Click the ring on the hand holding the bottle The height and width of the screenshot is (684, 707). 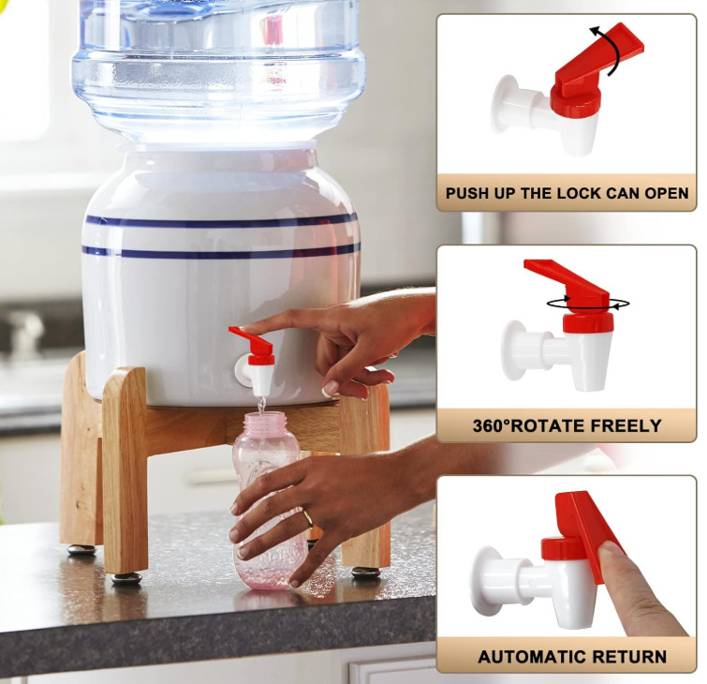click(307, 516)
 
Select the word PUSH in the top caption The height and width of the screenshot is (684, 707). click(468, 194)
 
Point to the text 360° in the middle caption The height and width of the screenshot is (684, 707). click(495, 425)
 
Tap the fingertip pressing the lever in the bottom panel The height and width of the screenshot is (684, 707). click(613, 553)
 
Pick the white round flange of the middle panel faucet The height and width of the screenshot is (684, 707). click(516, 349)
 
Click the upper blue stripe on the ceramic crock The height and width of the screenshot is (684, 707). click(221, 221)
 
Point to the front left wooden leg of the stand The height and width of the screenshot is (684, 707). click(125, 468)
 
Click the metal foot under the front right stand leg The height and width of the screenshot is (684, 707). click(365, 572)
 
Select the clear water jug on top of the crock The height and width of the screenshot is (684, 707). click(219, 66)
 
